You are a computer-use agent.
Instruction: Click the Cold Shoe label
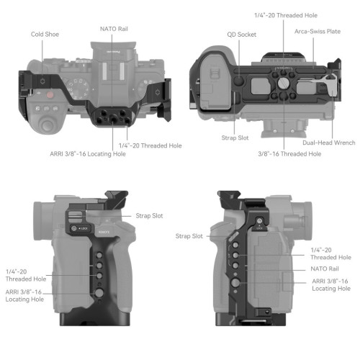click(x=45, y=34)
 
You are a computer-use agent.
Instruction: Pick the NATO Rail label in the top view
click(x=115, y=29)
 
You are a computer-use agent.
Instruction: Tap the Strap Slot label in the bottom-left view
click(x=150, y=215)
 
